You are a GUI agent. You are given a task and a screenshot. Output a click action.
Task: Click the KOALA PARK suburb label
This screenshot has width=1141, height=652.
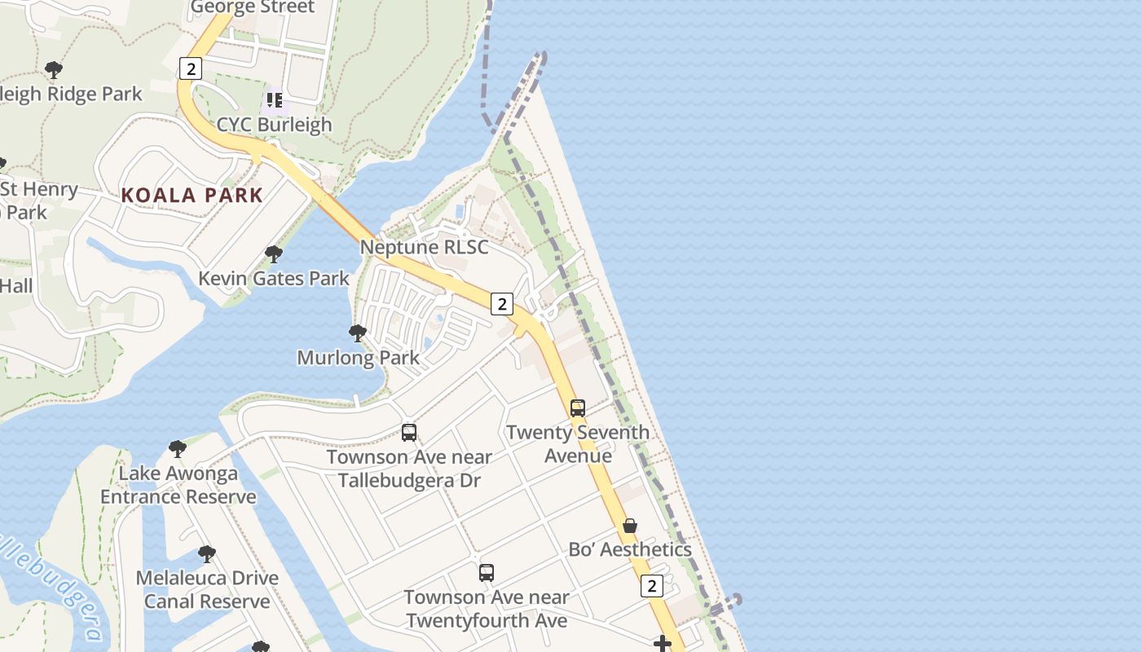pyautogui.click(x=192, y=196)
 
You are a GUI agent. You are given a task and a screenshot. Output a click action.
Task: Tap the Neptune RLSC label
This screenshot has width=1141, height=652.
pyautogui.click(x=424, y=247)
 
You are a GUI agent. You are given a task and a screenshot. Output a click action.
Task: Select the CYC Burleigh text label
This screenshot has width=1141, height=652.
pyautogui.click(x=274, y=125)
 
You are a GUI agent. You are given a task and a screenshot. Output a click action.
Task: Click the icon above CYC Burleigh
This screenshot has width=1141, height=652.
pyautogui.click(x=274, y=100)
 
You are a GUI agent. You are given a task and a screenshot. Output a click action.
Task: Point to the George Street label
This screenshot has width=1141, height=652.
pyautogui.click(x=252, y=8)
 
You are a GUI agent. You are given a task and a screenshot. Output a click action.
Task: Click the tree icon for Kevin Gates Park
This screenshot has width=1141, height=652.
pyautogui.click(x=274, y=254)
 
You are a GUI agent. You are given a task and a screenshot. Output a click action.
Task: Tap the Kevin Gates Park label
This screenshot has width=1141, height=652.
pyautogui.click(x=274, y=279)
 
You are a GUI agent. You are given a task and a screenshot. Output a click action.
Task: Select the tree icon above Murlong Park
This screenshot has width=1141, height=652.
pyautogui.click(x=357, y=333)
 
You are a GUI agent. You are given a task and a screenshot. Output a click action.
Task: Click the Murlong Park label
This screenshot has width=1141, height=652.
pyautogui.click(x=358, y=357)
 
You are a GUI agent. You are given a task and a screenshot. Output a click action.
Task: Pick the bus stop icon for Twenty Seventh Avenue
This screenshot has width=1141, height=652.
pyautogui.click(x=578, y=408)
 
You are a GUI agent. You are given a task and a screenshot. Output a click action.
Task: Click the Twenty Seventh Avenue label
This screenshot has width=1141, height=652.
pyautogui.click(x=578, y=443)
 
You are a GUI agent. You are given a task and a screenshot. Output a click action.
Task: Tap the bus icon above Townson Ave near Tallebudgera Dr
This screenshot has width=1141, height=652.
pyautogui.click(x=409, y=433)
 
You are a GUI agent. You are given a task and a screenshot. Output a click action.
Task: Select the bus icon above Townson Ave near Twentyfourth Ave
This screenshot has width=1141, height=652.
pyautogui.click(x=487, y=573)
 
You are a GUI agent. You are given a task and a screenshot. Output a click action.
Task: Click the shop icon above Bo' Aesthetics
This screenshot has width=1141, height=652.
pyautogui.click(x=630, y=526)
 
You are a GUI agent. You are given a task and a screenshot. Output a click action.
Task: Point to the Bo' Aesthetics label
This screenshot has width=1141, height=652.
pyautogui.click(x=630, y=549)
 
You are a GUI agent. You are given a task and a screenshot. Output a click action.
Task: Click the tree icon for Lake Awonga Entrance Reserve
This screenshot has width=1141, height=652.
pyautogui.click(x=178, y=448)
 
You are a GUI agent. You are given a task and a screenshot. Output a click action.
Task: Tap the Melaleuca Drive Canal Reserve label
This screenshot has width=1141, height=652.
pyautogui.click(x=207, y=589)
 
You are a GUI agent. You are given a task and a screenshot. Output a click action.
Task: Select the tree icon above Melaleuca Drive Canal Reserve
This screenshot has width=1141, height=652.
pyautogui.click(x=207, y=554)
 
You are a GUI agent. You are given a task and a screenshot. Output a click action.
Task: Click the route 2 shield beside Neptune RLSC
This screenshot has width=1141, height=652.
pyautogui.click(x=502, y=305)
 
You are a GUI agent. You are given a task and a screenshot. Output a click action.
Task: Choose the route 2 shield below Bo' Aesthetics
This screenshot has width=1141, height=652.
pyautogui.click(x=651, y=585)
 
